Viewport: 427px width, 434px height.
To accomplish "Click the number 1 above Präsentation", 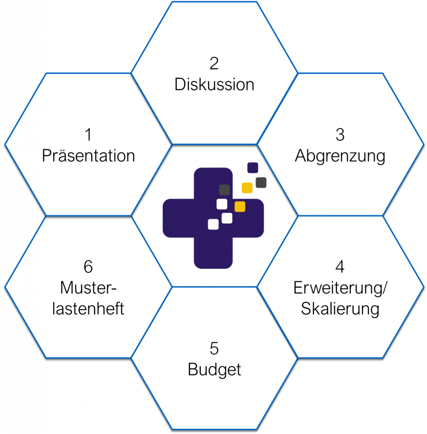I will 88,135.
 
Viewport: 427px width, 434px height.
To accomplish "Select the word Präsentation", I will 88,156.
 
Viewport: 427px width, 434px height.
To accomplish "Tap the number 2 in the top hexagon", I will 214,64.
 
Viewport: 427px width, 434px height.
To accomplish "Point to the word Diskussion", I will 214,84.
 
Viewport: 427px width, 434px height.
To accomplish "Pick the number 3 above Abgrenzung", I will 340,135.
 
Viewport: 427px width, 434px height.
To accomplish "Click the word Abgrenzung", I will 340,156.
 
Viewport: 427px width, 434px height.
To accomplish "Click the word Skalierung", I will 340,309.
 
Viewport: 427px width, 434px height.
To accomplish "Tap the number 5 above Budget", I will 214,349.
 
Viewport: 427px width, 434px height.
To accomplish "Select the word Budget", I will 214,370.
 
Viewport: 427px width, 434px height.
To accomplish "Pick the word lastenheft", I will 88,309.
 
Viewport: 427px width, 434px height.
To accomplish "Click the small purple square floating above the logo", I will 253,168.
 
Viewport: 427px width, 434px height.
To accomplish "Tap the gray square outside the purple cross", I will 261,183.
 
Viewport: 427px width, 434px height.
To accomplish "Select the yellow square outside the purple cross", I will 247,188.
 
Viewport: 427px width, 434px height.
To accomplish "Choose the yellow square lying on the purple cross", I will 240,206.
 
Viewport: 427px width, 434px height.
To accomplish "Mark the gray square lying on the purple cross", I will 225,190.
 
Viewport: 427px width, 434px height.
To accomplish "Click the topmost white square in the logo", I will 222,204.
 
